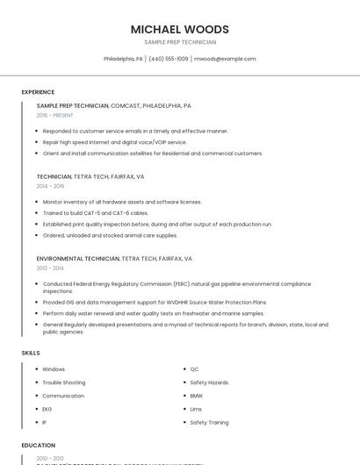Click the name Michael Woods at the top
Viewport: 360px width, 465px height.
pos(179,29)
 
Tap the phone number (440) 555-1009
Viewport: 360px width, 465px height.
pos(169,59)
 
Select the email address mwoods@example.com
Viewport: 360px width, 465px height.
pos(225,59)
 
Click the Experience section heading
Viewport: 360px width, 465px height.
pos(38,92)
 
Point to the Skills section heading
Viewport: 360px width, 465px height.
pos(31,353)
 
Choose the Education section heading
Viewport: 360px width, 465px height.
pos(39,446)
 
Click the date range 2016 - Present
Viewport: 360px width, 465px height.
pos(54,115)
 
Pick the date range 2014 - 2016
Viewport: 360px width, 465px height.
pos(50,186)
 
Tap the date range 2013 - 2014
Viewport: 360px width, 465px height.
pos(50,268)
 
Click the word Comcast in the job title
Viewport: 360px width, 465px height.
pos(127,105)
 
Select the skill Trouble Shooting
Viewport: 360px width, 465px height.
pos(63,383)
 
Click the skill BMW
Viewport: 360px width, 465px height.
pos(196,396)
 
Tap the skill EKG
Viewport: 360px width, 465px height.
pos(47,409)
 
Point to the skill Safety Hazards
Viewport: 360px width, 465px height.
pos(209,383)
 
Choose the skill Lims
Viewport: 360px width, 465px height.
pos(196,409)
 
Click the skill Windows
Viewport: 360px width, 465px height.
pos(54,369)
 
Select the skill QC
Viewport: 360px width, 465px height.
pos(195,369)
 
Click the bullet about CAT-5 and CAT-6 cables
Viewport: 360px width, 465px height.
pos(95,213)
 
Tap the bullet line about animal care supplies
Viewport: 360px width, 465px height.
pos(110,235)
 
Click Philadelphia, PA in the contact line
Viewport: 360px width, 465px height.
pos(123,59)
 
